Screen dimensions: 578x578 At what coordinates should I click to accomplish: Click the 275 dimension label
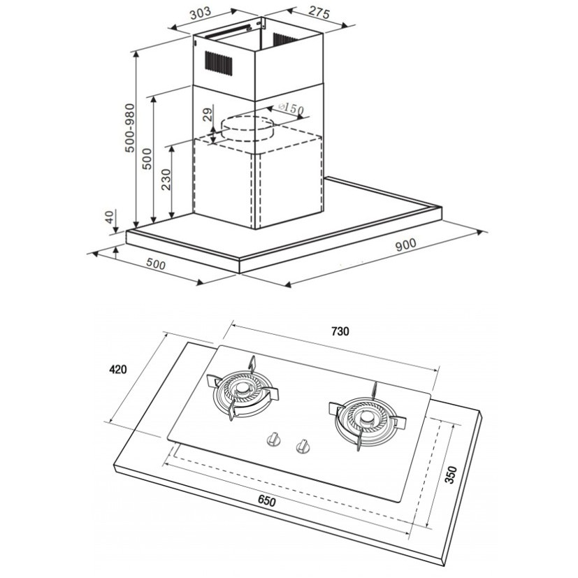click(319, 13)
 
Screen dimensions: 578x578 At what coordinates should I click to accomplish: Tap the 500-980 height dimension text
click(130, 128)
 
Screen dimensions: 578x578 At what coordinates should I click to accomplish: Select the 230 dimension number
click(166, 179)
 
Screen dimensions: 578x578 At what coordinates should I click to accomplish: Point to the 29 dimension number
click(208, 115)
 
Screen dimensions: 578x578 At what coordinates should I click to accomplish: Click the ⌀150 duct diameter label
click(291, 109)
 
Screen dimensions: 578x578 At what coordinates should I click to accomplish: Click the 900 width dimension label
click(406, 244)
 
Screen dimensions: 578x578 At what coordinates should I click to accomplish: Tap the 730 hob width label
click(340, 331)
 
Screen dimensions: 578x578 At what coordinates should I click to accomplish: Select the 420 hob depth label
click(118, 369)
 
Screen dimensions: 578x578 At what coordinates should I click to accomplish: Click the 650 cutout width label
click(266, 501)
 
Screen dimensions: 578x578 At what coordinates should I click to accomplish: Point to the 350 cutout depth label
click(451, 475)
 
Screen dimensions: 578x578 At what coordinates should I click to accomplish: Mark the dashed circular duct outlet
click(247, 129)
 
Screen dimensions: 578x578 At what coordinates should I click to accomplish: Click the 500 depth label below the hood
click(156, 264)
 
